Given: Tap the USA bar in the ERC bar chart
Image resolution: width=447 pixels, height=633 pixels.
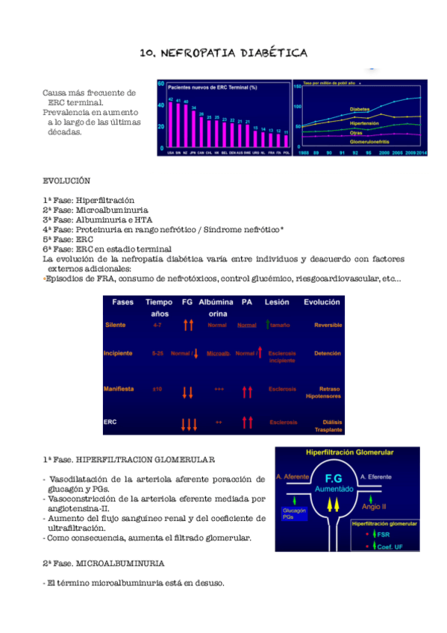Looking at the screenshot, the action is [x=170, y=123].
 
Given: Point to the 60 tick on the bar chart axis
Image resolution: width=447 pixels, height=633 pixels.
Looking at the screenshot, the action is [x=161, y=84].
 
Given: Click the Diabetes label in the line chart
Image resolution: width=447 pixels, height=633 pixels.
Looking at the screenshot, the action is [x=361, y=110].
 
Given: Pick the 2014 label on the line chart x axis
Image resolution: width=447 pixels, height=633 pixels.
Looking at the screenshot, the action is [x=423, y=152].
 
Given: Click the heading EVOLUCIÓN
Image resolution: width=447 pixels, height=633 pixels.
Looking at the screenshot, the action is [x=66, y=181].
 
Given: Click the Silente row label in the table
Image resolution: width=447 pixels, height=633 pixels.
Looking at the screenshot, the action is [x=115, y=325].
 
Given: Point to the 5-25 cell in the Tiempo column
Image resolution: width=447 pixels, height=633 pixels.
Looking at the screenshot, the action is [x=157, y=353].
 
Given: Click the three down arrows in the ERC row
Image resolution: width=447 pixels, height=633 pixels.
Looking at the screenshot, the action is [x=189, y=424].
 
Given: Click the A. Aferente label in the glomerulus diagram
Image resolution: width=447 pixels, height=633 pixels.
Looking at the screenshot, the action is [x=293, y=476].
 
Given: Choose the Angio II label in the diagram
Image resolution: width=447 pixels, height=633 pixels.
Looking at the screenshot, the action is [x=374, y=506].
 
